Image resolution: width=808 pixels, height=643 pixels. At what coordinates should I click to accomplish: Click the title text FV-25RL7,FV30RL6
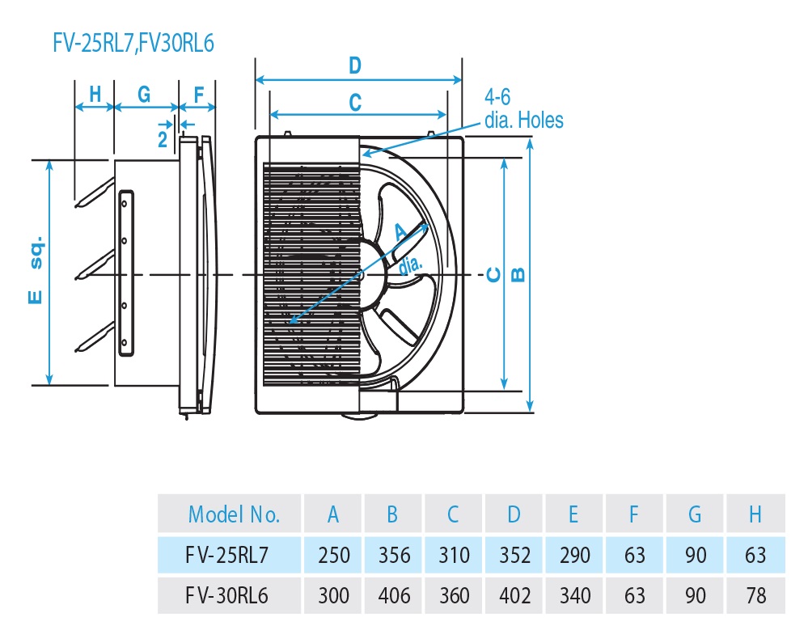point(133,43)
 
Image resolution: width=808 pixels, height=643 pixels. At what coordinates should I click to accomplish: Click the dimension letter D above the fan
point(354,66)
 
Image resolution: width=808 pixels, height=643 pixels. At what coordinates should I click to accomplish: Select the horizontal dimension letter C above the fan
point(354,102)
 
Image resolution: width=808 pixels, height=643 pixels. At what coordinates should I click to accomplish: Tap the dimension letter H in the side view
point(94,94)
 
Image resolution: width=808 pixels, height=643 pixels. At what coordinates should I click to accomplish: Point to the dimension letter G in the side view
point(144,94)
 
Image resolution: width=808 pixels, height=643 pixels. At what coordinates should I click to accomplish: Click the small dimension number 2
point(163,137)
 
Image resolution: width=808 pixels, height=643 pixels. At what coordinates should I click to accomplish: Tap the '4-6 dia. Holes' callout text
point(522,108)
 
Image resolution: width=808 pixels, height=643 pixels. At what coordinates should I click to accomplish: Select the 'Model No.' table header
point(234,514)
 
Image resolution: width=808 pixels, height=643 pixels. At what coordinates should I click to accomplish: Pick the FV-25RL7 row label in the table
point(228,555)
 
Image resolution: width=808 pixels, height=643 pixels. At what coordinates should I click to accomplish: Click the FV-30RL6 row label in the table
point(228,596)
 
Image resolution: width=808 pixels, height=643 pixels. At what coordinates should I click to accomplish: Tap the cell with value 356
point(394,555)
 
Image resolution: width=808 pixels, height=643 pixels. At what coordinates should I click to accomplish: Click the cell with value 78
point(755,596)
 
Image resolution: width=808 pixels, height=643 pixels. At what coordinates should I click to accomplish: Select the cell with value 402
point(514,596)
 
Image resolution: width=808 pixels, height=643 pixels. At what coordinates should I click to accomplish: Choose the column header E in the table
point(574,514)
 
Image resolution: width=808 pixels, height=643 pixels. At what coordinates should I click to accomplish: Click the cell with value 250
point(333,555)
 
